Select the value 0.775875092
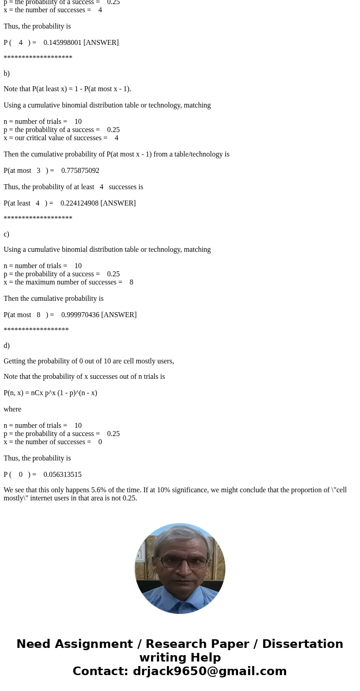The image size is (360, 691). (x=80, y=171)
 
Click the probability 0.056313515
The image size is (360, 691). (x=63, y=475)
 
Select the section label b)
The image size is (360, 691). (x=7, y=74)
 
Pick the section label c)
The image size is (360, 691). (x=6, y=234)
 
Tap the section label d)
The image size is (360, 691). (x=7, y=346)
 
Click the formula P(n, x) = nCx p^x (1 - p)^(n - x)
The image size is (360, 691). (x=50, y=393)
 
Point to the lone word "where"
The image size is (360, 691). (x=13, y=409)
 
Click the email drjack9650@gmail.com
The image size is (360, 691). (x=209, y=671)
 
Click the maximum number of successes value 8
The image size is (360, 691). (x=131, y=282)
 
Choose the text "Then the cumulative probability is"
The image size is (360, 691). (x=54, y=299)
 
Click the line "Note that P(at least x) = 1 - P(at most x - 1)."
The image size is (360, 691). (x=67, y=89)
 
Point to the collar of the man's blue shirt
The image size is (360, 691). (x=180, y=590)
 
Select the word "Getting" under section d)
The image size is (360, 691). (x=15, y=361)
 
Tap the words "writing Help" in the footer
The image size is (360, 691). (x=180, y=658)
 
